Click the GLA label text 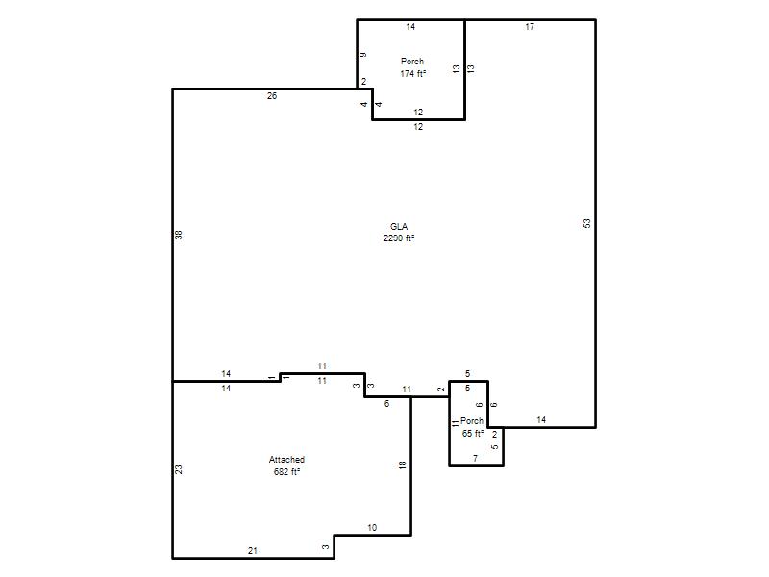[399, 227]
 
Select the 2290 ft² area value [399, 238]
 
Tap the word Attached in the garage [286, 460]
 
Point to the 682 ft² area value [286, 472]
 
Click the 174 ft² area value [413, 74]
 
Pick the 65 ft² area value [473, 434]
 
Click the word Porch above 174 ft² [412, 62]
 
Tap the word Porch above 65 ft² [472, 421]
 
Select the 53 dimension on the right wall [587, 224]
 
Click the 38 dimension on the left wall [179, 235]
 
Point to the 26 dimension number [272, 96]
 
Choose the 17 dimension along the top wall [530, 27]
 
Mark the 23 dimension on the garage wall [179, 469]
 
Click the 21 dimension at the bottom [253, 551]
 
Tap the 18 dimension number [403, 465]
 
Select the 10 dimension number [372, 528]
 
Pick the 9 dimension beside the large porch [363, 55]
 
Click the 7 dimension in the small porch [475, 459]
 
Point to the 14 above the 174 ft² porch [410, 27]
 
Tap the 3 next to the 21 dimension [326, 547]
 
